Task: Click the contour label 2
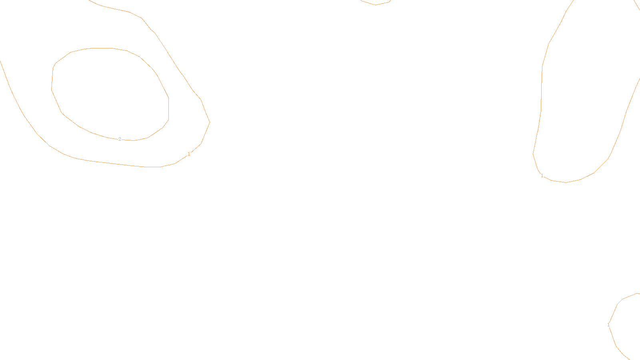pos(120,139)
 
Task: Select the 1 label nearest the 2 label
pos(189,154)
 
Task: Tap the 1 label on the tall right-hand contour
pos(542,176)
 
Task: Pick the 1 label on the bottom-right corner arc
pos(608,325)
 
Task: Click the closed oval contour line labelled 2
pos(168,108)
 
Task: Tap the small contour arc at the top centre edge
pos(375,4)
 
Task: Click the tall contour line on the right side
pos(541,100)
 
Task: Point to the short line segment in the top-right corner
pos(637,6)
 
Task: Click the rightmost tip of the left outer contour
pos(210,122)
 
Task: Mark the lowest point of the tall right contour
pos(566,182)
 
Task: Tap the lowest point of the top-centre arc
pos(375,5)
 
